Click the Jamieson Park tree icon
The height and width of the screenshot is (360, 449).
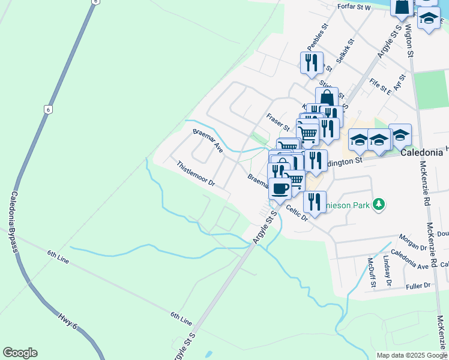point(378,205)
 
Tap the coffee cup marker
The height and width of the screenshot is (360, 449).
point(279,188)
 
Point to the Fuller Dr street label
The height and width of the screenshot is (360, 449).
point(418,286)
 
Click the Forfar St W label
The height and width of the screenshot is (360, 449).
point(355,8)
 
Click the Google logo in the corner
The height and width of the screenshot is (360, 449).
point(20,353)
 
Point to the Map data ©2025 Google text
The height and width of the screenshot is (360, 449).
point(412,355)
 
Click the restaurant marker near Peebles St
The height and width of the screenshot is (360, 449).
point(311,62)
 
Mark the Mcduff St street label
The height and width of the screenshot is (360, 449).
point(372,269)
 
